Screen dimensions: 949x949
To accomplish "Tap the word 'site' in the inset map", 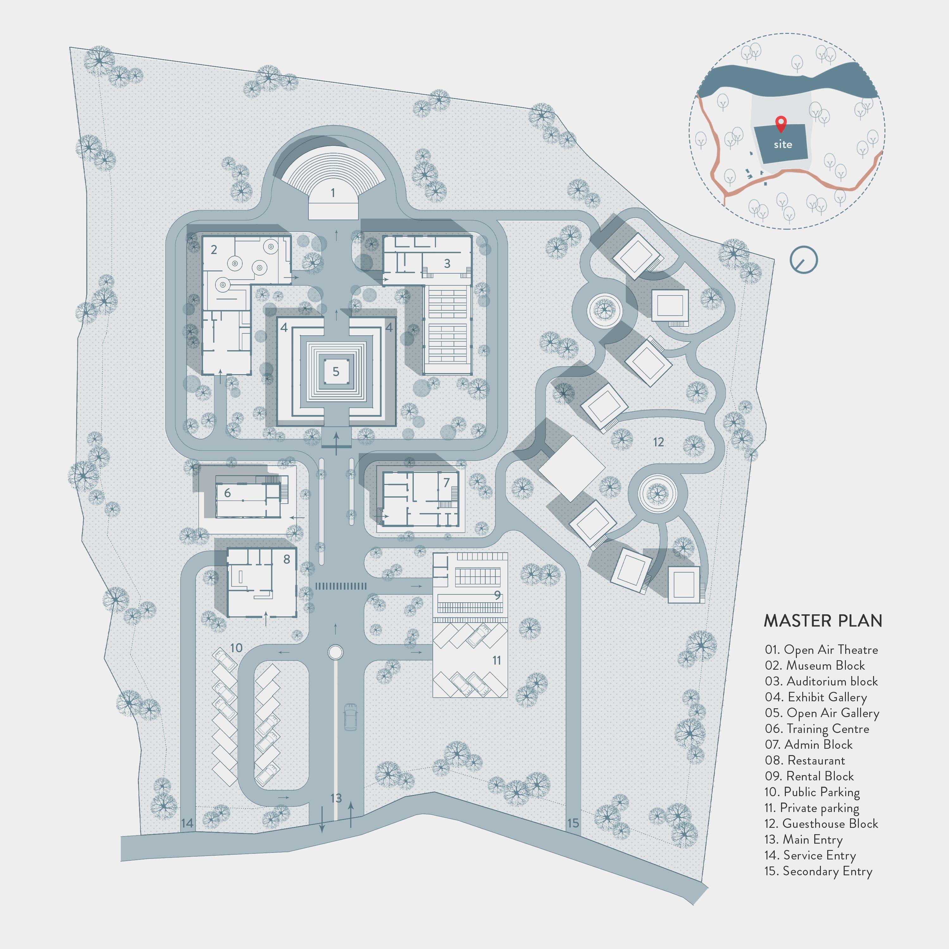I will [x=783, y=145].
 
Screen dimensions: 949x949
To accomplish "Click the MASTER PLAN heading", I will [x=823, y=621].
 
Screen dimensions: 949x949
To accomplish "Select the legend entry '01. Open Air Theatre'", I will [x=821, y=650].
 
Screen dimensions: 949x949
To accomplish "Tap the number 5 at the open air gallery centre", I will [x=336, y=372].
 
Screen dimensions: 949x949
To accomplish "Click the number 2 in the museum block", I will [x=214, y=250].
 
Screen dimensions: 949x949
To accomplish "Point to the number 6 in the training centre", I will [x=227, y=493].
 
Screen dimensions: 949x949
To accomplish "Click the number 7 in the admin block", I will [x=446, y=483].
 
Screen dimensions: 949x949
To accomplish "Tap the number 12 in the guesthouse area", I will [x=658, y=442].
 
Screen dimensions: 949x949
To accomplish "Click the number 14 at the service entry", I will [x=187, y=823].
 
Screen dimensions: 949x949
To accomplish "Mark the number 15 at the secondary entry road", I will [x=573, y=823].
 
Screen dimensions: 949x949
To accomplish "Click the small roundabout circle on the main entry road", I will [x=336, y=652].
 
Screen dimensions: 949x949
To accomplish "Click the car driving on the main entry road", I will [x=350, y=717].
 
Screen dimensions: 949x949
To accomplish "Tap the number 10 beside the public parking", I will [x=236, y=648].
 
